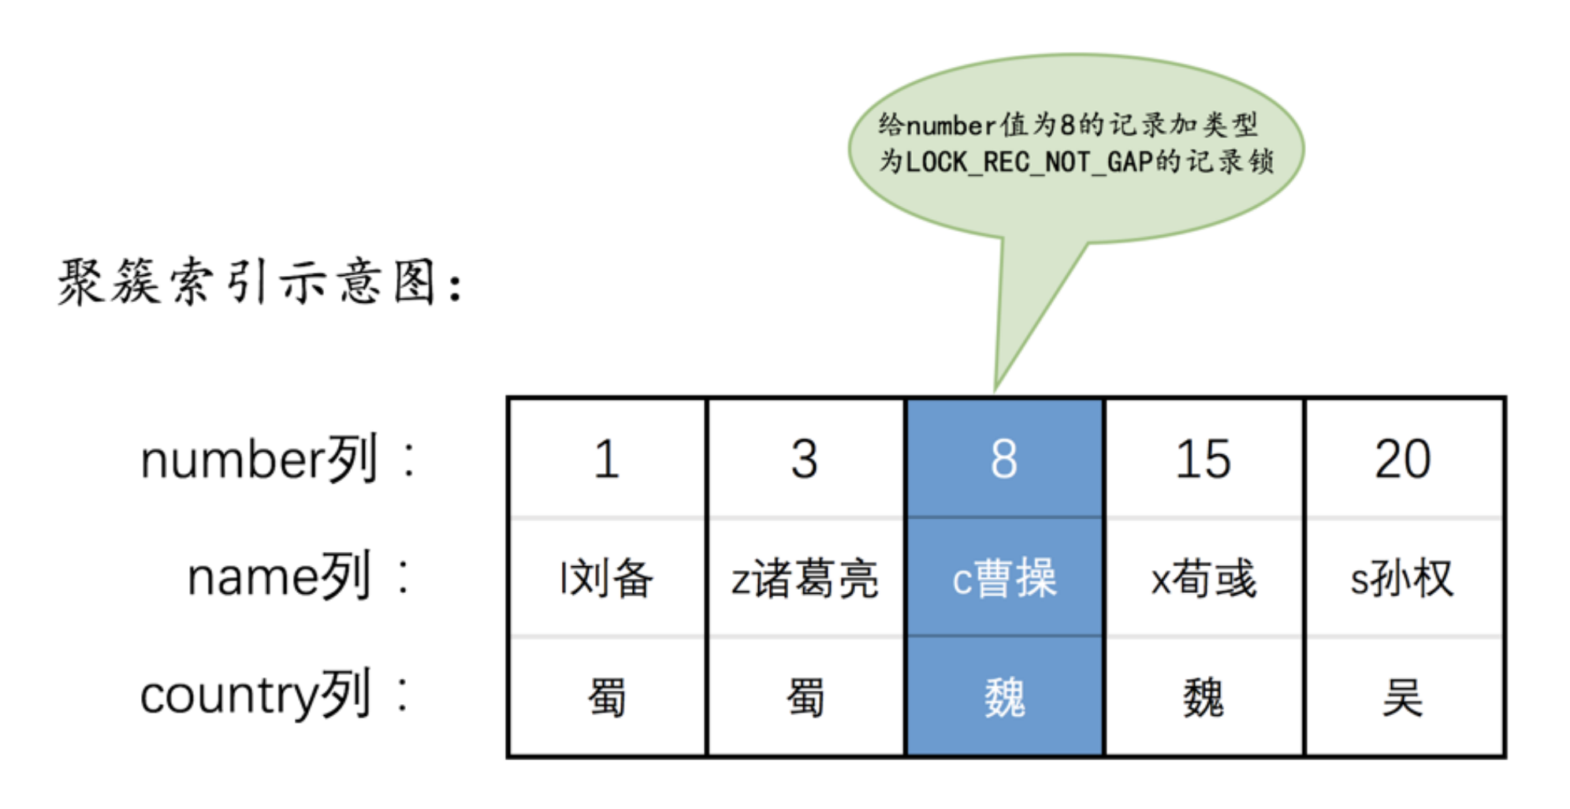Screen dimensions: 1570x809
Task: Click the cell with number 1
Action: click(x=608, y=458)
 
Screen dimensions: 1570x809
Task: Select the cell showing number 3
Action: click(x=805, y=458)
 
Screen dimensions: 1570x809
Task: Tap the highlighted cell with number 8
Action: click(x=1004, y=458)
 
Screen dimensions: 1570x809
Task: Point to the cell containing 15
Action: click(x=1204, y=458)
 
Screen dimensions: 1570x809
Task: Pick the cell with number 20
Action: click(x=1404, y=458)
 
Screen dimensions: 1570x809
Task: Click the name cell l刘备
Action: click(x=608, y=577)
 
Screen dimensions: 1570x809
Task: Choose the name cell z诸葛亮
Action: click(x=805, y=577)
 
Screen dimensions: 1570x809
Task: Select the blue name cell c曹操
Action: click(x=1004, y=577)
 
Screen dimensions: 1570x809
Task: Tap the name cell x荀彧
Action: click(x=1204, y=577)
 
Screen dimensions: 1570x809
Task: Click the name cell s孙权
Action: click(x=1404, y=577)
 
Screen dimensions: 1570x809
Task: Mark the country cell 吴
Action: click(x=1404, y=697)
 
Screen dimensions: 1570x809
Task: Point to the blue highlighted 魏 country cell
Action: click(x=1004, y=697)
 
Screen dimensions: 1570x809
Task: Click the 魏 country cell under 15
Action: click(x=1204, y=697)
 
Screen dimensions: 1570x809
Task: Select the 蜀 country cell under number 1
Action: click(x=608, y=697)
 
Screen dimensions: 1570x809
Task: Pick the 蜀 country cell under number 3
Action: click(x=805, y=697)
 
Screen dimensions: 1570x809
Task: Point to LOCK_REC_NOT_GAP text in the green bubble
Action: click(x=1029, y=162)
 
